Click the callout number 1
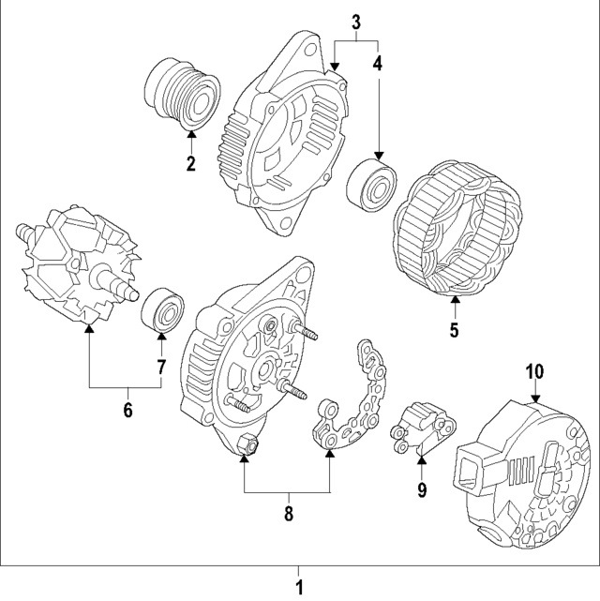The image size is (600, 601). point(299,588)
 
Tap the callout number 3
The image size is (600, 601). point(356,20)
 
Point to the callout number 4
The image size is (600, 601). point(378,64)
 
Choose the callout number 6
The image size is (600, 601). point(127,410)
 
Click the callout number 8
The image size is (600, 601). point(288,513)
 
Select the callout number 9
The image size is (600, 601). point(422,488)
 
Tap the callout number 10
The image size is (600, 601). point(533,370)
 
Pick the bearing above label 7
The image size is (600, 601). point(162,308)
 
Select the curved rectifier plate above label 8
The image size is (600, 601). point(361,398)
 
